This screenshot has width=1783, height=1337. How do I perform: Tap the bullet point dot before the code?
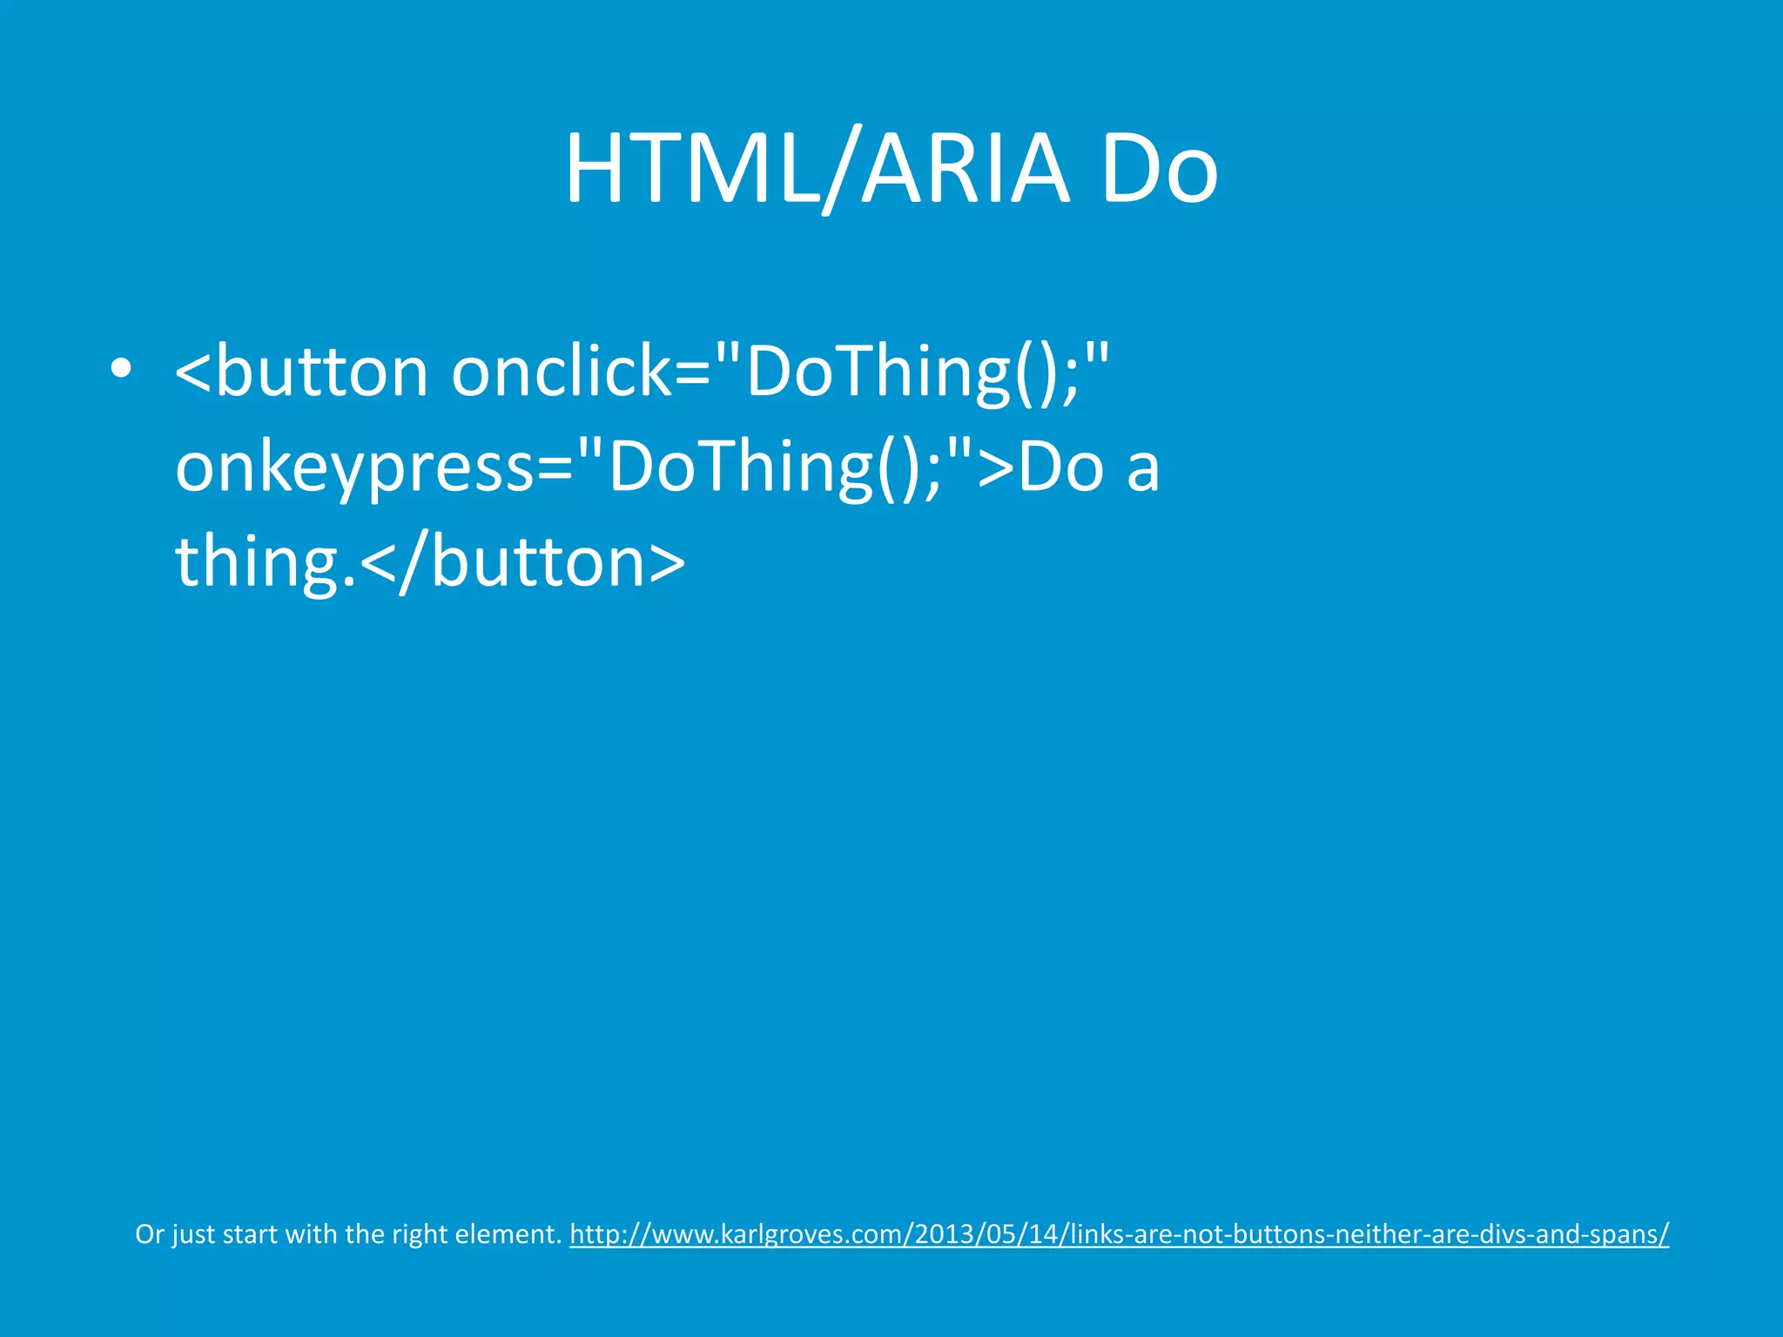coord(121,369)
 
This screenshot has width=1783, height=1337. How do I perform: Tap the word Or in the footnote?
coord(149,1234)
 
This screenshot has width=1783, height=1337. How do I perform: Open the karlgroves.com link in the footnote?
coord(1119,1234)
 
